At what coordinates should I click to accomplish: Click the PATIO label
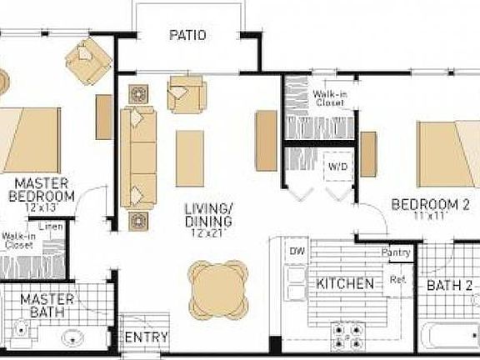[187, 35]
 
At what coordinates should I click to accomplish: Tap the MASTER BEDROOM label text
[44, 189]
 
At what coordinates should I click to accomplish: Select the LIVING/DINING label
[209, 214]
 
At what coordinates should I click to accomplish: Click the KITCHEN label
[345, 284]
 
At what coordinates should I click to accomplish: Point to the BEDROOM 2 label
[426, 203]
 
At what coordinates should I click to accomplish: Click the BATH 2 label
[451, 286]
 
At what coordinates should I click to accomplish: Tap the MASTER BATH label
[47, 305]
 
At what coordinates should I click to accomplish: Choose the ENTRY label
[147, 337]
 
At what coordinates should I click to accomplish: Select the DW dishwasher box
[297, 251]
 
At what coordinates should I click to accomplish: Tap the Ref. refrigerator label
[397, 280]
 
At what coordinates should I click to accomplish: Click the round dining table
[218, 286]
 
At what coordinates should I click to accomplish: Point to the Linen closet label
[52, 225]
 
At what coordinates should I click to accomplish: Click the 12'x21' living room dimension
[209, 236]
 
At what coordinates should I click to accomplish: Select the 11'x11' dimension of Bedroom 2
[426, 215]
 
